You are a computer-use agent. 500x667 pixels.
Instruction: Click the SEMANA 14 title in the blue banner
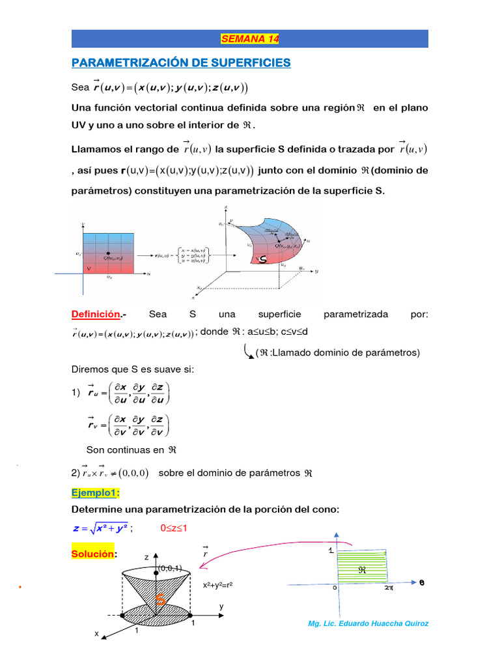tap(250, 39)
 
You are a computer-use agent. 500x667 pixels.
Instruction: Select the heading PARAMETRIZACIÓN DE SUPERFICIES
tap(181, 63)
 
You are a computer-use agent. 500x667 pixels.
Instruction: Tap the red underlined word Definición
tap(96, 314)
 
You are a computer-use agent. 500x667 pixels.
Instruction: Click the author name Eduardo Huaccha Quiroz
tap(368, 623)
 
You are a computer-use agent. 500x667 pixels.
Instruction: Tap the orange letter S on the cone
tap(159, 600)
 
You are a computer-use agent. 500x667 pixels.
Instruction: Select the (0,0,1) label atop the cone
tap(169, 568)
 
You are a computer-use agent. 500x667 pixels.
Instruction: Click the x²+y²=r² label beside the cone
tap(218, 585)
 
